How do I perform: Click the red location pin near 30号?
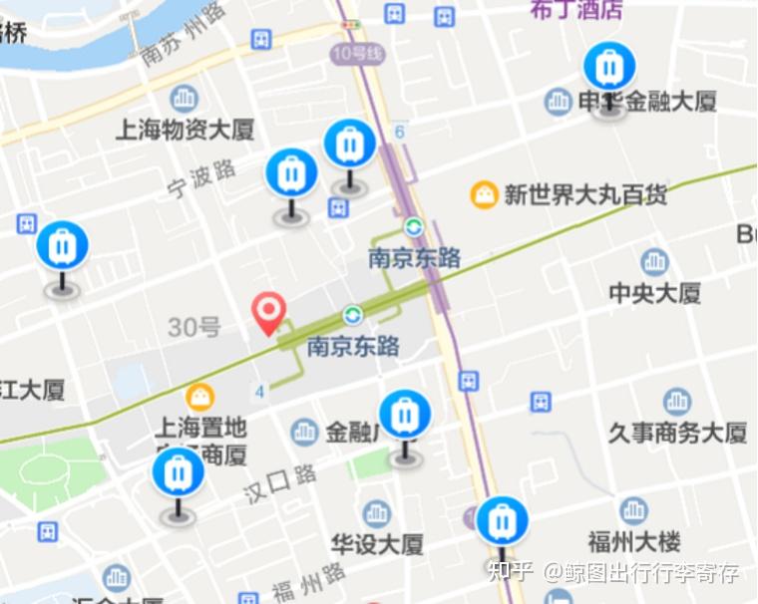click(268, 312)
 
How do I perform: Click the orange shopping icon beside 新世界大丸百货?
click(485, 194)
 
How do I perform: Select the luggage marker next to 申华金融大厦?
click(607, 69)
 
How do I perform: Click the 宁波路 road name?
click(202, 177)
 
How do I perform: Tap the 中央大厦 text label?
click(654, 292)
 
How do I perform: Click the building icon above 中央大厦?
click(654, 262)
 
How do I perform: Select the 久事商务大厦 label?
click(677, 433)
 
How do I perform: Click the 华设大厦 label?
click(377, 543)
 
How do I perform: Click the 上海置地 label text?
click(199, 428)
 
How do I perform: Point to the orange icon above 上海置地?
click(200, 397)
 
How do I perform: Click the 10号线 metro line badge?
click(353, 53)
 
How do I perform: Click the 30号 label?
click(193, 326)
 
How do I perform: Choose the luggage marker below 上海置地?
click(179, 473)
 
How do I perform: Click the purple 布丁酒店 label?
click(575, 9)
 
